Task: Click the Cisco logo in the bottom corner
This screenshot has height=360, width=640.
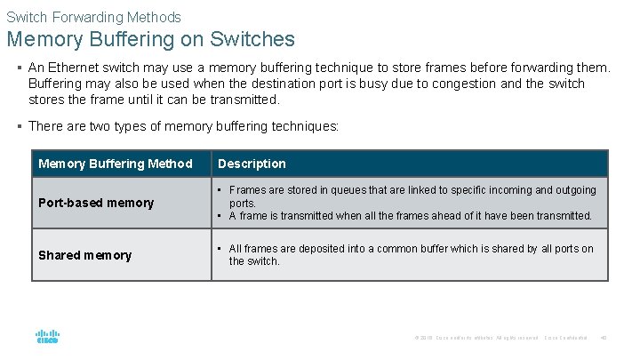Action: [47, 337]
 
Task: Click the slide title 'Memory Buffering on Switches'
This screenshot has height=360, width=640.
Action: [150, 40]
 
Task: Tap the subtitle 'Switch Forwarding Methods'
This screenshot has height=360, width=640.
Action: [93, 17]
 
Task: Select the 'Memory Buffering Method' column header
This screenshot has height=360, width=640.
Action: [116, 164]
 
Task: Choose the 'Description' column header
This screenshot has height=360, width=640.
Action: [252, 164]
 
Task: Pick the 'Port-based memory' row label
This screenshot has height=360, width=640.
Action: [96, 203]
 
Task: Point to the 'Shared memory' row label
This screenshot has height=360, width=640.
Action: [84, 255]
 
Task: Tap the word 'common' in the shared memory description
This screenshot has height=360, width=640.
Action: [399, 249]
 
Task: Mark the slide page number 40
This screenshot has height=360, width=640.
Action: [604, 338]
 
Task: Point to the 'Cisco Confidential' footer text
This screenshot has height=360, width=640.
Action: [565, 338]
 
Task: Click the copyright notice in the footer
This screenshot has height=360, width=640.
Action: [476, 338]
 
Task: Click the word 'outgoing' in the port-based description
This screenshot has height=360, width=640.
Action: [573, 190]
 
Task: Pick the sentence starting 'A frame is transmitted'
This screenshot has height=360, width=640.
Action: [411, 215]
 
